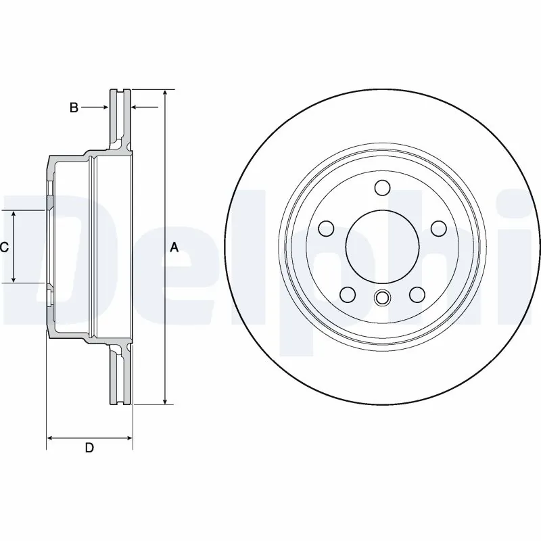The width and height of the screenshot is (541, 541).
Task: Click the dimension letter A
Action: [x=174, y=248]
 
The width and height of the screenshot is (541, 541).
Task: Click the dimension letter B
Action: [x=74, y=107]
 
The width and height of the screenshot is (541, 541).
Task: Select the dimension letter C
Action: [x=4, y=248]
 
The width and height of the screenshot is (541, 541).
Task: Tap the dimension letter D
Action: [x=89, y=448]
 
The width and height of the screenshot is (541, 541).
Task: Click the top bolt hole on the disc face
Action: [x=382, y=187]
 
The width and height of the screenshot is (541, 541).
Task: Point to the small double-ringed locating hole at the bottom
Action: [x=382, y=298]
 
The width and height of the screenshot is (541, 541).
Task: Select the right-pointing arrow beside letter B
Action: [x=105, y=107]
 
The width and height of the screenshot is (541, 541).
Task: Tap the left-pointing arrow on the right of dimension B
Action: [x=136, y=107]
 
